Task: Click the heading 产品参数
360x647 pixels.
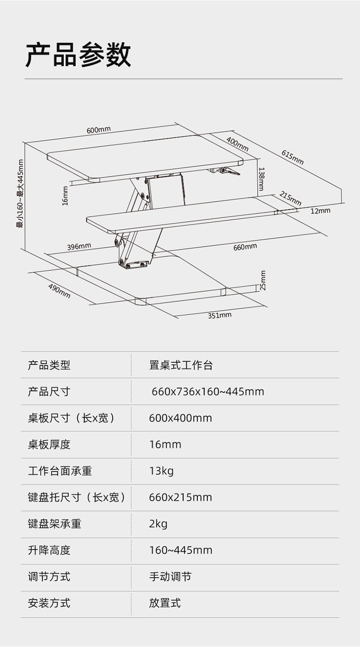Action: (78, 54)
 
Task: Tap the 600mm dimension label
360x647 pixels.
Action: (98, 130)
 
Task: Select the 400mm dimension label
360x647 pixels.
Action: (237, 144)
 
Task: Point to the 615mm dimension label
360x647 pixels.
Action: (292, 157)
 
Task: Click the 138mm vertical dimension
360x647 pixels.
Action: (261, 179)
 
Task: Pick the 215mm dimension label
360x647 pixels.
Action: (290, 199)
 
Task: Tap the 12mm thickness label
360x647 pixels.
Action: (320, 211)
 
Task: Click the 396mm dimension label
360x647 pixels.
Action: (79, 247)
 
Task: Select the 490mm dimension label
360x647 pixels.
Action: (59, 291)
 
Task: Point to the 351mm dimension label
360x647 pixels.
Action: (219, 315)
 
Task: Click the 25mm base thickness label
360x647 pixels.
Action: (263, 280)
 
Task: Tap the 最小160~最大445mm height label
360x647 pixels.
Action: (21, 193)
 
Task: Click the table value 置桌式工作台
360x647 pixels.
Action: (180, 365)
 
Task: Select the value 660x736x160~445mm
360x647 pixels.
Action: (208, 392)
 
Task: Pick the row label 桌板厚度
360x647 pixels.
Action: (49, 444)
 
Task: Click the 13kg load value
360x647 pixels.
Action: (161, 471)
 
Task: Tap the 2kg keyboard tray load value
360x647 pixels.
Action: (158, 524)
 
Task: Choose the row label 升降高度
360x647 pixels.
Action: (49, 550)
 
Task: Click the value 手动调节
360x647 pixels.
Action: (170, 576)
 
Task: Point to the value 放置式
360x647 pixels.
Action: (165, 603)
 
